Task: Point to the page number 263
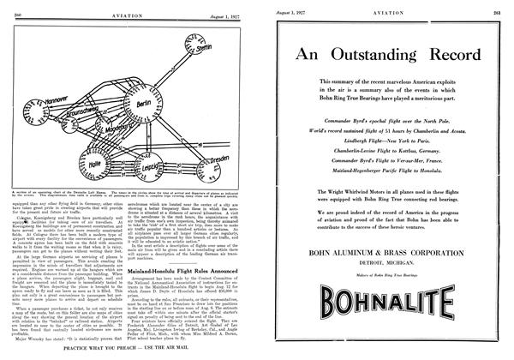pyautogui.click(x=500, y=7)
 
